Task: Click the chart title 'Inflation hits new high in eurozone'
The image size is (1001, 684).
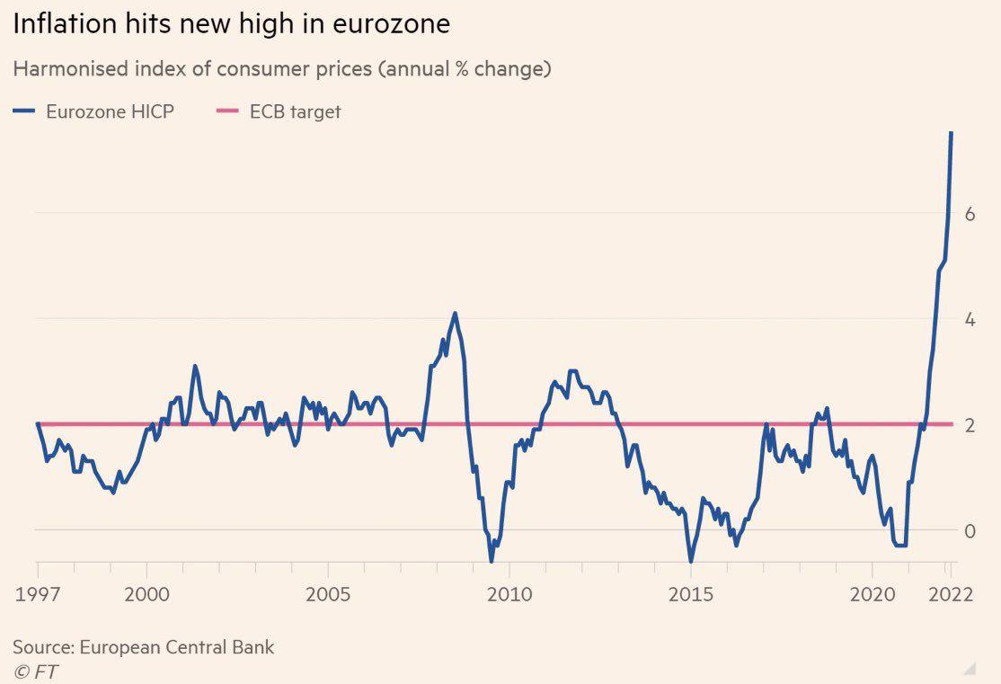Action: point(231,24)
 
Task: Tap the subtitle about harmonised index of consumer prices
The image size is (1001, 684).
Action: point(281,69)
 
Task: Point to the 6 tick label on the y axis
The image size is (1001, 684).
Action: point(970,215)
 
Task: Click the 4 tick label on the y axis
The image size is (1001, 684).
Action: point(970,320)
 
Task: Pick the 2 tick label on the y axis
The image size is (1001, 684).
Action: point(970,425)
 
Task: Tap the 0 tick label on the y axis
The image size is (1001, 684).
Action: point(970,531)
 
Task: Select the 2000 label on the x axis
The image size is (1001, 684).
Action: point(146,594)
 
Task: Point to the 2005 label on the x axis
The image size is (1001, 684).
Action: point(328,594)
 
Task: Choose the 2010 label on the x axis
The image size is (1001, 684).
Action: point(509,594)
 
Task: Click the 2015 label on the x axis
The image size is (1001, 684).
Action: point(691,594)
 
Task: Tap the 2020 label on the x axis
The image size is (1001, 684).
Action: point(872,594)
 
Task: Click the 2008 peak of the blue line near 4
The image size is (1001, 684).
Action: point(456,314)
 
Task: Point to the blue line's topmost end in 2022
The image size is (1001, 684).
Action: point(952,133)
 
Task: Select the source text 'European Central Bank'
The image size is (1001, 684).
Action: point(177,647)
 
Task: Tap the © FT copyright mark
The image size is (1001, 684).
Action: point(36,671)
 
